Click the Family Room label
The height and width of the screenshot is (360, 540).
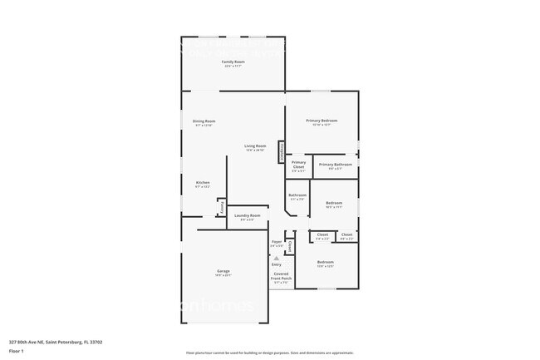233,62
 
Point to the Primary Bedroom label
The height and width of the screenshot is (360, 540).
322,121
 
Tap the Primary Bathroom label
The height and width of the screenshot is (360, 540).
336,165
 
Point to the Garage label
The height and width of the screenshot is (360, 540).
223,272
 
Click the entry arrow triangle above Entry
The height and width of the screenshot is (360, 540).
276,258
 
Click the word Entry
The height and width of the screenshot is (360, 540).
276,264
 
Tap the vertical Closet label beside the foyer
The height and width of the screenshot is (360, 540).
290,247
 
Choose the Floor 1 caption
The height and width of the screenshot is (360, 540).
17,350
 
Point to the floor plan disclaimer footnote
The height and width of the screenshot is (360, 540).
269,353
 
